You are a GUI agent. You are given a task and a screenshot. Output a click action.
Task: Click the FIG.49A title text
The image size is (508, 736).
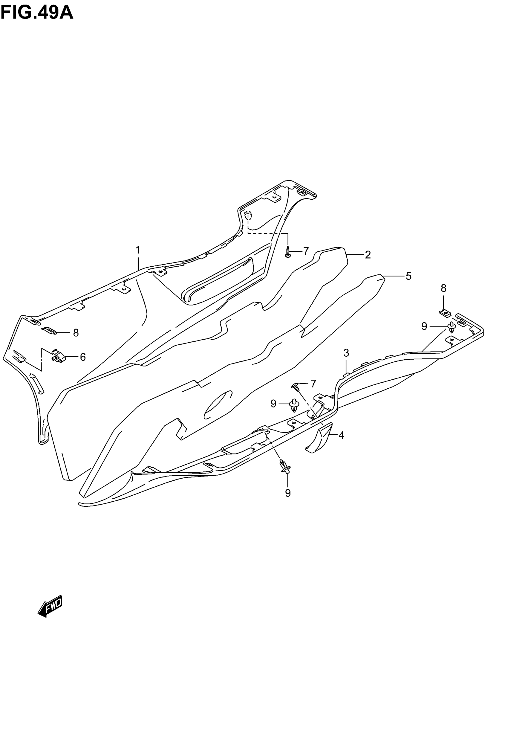click(37, 13)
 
